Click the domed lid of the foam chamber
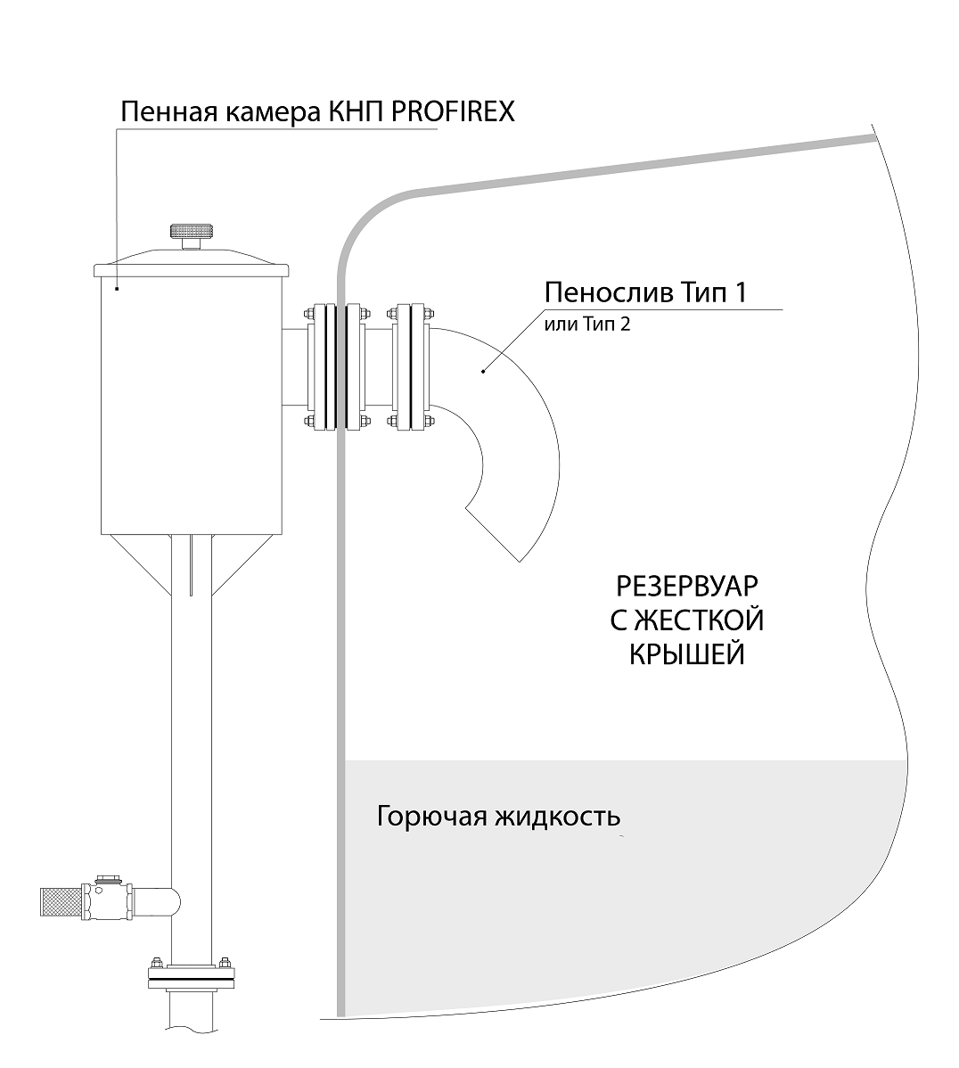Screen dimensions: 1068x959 coord(192,261)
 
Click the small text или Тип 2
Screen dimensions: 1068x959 coord(586,325)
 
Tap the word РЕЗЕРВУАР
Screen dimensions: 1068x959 coord(687,587)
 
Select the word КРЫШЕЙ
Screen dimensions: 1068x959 coord(687,654)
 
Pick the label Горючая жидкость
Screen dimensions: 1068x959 coord(498,816)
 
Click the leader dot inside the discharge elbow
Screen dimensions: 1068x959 coord(482,372)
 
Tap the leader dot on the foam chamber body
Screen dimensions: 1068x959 coord(117,288)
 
